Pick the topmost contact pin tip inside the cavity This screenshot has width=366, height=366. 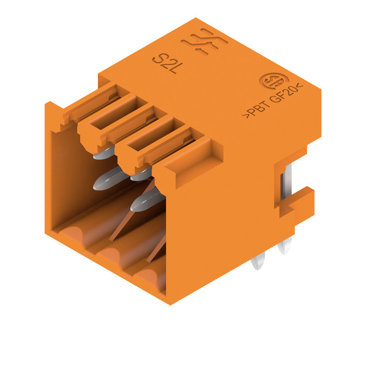[x=102, y=154]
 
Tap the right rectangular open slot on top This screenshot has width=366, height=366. [x=147, y=142]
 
